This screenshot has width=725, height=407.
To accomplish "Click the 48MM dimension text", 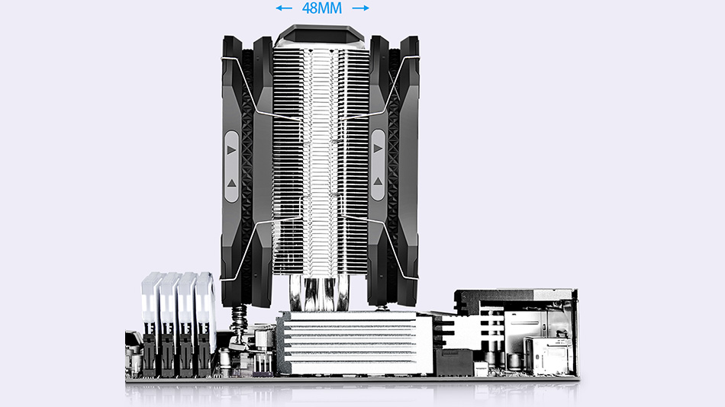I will [323, 9].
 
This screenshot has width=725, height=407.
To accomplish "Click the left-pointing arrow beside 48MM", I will [284, 9].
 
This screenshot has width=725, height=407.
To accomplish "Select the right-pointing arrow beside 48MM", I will [361, 9].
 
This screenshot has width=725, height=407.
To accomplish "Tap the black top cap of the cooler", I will [322, 34].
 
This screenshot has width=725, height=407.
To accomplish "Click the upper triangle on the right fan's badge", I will [378, 149].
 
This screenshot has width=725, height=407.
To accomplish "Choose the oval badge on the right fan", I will [378, 165].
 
